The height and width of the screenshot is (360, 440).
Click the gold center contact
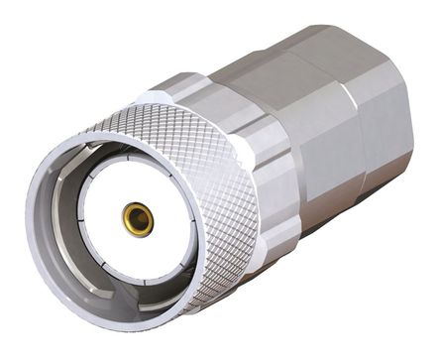(x=138, y=218)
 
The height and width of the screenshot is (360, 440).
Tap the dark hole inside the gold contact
(x=138, y=219)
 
